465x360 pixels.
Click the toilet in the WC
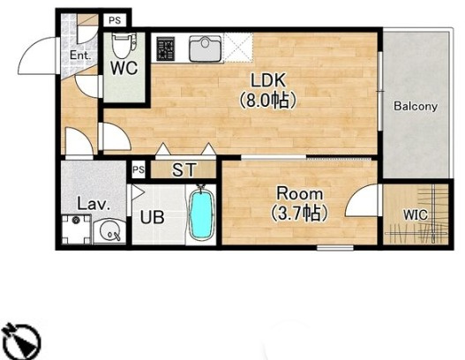(124, 45)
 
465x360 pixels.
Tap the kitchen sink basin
(206, 49)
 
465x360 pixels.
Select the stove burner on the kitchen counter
(166, 49)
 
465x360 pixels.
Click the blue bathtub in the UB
(201, 214)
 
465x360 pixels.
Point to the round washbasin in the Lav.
(109, 231)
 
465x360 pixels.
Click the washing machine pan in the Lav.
(76, 229)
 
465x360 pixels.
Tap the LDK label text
(268, 80)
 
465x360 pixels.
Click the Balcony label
(416, 106)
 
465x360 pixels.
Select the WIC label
(416, 215)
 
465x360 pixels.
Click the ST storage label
(184, 170)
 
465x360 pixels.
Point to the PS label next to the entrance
(115, 20)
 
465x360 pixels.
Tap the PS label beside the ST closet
(139, 170)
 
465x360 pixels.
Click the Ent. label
(79, 56)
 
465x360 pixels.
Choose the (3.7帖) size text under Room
(299, 214)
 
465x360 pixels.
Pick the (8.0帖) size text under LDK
(268, 100)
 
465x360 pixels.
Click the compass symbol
(21, 341)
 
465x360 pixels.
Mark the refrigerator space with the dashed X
(238, 48)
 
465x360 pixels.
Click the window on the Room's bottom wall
(335, 247)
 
